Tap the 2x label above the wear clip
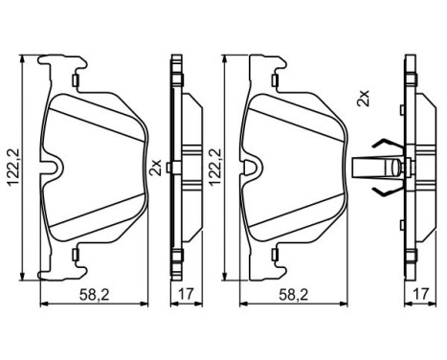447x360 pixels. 363,99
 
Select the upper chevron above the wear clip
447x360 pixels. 380,146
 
